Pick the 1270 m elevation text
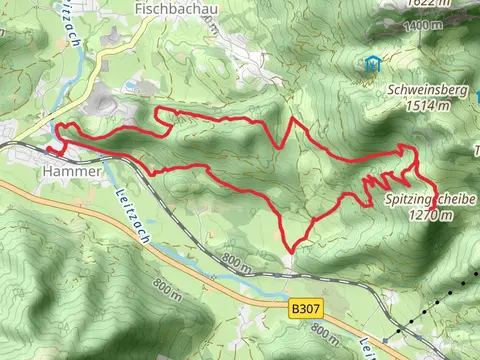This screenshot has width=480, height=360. (x=432, y=215)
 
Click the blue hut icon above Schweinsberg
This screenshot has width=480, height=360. (x=372, y=64)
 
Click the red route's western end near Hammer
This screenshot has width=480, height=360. (x=47, y=152)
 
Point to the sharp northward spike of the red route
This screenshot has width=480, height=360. (x=292, y=120)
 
